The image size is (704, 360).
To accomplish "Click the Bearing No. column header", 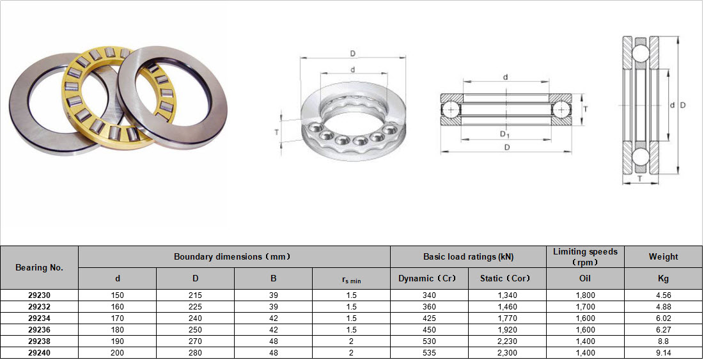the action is [x=39, y=267].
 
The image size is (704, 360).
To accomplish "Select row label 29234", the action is [x=39, y=318].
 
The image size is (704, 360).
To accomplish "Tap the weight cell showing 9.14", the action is [x=662, y=353].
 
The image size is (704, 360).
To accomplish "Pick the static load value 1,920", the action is [x=507, y=330].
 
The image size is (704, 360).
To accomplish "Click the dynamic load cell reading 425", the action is [x=429, y=318].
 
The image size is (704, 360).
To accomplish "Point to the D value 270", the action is [x=195, y=341].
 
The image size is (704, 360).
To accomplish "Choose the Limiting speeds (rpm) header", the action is [x=585, y=257].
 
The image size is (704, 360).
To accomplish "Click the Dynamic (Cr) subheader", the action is [x=429, y=278].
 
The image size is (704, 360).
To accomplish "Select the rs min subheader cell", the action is [x=351, y=279].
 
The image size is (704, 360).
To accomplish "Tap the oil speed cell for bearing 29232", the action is [x=585, y=307].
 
